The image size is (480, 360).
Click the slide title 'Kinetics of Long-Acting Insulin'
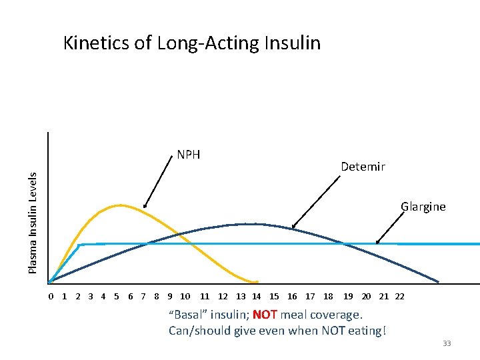pyautogui.click(x=191, y=43)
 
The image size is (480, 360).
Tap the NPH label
pyautogui.click(x=189, y=155)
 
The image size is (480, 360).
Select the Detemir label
pyautogui.click(x=362, y=167)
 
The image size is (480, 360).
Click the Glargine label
pyautogui.click(x=423, y=207)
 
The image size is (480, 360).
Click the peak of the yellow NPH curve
pyautogui.click(x=120, y=205)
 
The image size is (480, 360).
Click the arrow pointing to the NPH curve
pyautogui.click(x=158, y=183)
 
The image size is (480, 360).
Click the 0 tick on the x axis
pyautogui.click(x=51, y=297)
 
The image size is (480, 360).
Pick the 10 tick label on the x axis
pyautogui.click(x=185, y=297)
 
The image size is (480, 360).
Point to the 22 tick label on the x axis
pyautogui.click(x=399, y=297)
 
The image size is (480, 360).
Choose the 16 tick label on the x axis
pyautogui.click(x=292, y=297)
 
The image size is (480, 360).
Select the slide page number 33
pyautogui.click(x=447, y=343)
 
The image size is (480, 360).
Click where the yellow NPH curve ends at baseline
pyautogui.click(x=255, y=281)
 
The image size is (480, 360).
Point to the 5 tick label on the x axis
pyautogui.click(x=117, y=297)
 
